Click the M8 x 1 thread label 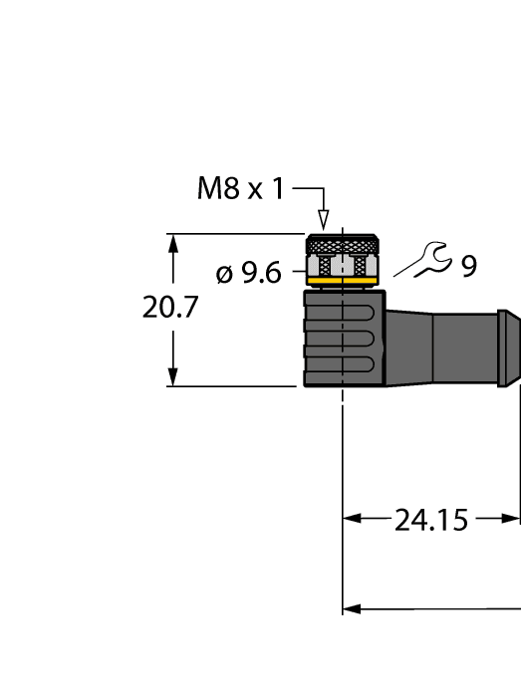240,188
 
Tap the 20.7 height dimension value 170,308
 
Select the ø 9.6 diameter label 249,272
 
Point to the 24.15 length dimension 430,519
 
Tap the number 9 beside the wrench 468,266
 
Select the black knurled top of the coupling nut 343,244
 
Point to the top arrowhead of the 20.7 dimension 174,243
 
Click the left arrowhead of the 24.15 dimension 352,519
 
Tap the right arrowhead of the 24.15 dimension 513,519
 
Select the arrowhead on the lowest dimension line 352,608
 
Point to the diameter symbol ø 224,273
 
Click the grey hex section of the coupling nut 343,265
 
